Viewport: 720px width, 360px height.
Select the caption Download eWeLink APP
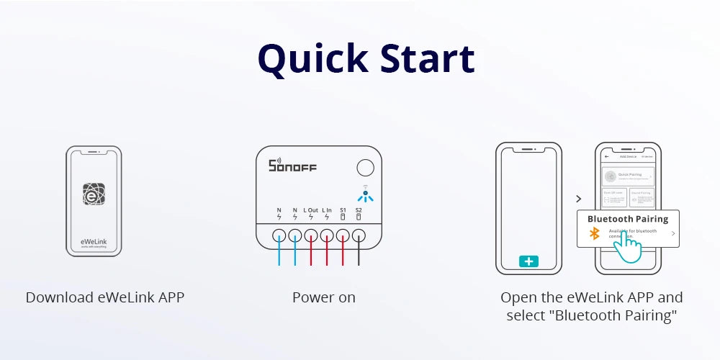pyautogui.click(x=105, y=297)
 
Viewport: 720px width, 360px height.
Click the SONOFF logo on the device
pyautogui.click(x=292, y=166)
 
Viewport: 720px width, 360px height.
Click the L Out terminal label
pyautogui.click(x=310, y=210)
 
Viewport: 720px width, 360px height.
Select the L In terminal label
pyautogui.click(x=327, y=210)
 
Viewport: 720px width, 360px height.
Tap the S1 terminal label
pyautogui.click(x=343, y=210)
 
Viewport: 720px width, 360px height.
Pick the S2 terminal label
pyautogui.click(x=359, y=210)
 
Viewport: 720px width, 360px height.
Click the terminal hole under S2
pyautogui.click(x=359, y=235)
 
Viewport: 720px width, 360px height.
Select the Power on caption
pyautogui.click(x=324, y=297)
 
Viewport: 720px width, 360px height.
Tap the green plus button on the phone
pyautogui.click(x=528, y=261)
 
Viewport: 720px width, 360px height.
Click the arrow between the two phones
pyautogui.click(x=577, y=198)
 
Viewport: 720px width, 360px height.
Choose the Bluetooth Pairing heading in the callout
pyautogui.click(x=628, y=219)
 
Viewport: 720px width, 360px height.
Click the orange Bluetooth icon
pyautogui.click(x=595, y=234)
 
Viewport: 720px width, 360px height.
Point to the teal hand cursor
pyautogui.click(x=628, y=248)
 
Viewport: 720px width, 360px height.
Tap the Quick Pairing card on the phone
pyautogui.click(x=629, y=175)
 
